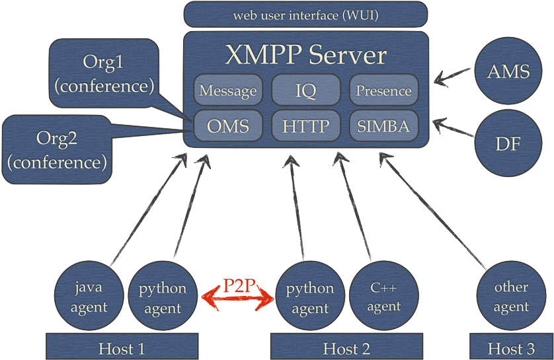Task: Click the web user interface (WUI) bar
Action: click(x=305, y=15)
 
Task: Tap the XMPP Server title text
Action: click(x=305, y=55)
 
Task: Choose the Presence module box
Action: click(x=383, y=90)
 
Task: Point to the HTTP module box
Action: click(x=305, y=126)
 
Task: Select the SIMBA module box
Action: click(x=383, y=126)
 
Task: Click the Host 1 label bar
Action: click(x=122, y=347)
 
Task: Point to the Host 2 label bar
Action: click(x=346, y=347)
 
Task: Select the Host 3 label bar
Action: click(x=510, y=347)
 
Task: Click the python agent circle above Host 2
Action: click(x=309, y=298)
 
